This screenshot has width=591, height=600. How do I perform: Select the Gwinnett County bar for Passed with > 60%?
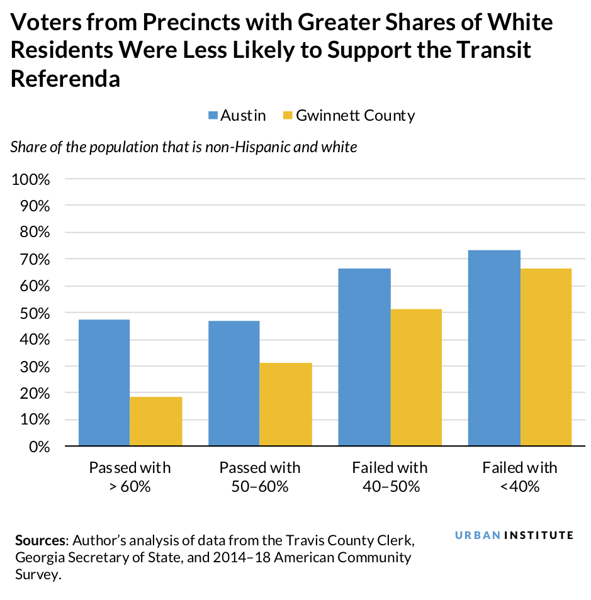pyautogui.click(x=156, y=421)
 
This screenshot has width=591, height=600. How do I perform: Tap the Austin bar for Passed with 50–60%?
pyautogui.click(x=234, y=383)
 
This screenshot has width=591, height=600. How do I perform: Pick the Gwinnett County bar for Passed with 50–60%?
pyautogui.click(x=286, y=404)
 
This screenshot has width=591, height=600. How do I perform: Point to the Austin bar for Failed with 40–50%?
pyautogui.click(x=364, y=357)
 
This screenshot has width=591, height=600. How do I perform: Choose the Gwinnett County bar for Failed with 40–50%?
pyautogui.click(x=416, y=377)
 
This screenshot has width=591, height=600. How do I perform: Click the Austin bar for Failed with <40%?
pyautogui.click(x=494, y=348)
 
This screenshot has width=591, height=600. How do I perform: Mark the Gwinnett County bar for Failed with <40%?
pyautogui.click(x=546, y=357)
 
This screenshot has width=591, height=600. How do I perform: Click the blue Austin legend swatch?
pyautogui.click(x=213, y=116)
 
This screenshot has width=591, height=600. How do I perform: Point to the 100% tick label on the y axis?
pyautogui.click(x=30, y=179)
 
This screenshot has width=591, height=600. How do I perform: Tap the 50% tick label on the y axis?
pyautogui.click(x=33, y=313)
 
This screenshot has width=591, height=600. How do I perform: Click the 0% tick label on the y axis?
pyautogui.click(x=37, y=447)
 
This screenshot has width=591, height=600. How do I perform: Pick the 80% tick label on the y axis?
pyautogui.click(x=33, y=233)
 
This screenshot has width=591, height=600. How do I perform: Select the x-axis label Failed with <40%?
pyautogui.click(x=519, y=477)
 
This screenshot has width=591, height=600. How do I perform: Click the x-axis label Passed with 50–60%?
pyautogui.click(x=259, y=477)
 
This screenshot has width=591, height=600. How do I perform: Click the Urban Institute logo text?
pyautogui.click(x=514, y=535)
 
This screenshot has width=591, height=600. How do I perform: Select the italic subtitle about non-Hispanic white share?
pyautogui.click(x=184, y=147)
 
